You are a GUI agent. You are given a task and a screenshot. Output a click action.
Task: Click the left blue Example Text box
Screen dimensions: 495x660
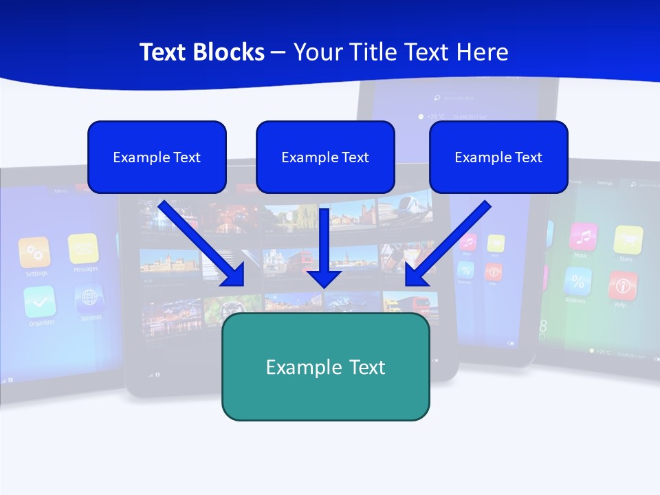point(157,157)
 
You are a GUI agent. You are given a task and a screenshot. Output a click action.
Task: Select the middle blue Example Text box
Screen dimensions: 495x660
point(325,157)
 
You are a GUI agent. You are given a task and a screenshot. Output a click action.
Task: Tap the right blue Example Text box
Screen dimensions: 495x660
point(498,157)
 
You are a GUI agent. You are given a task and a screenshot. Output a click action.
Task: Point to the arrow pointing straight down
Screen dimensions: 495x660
point(324,247)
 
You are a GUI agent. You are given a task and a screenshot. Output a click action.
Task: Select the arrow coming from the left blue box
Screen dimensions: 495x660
point(202,243)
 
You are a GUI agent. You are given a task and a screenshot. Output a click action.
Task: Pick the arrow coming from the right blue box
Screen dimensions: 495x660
point(449,243)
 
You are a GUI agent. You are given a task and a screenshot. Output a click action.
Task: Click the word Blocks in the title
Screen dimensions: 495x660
point(230,52)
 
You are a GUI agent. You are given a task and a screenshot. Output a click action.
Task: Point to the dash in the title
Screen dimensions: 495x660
point(278,52)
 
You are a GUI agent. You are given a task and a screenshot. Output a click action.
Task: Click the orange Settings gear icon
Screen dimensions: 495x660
point(34,252)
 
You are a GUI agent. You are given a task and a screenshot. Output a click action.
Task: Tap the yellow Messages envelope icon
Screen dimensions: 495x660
point(83,248)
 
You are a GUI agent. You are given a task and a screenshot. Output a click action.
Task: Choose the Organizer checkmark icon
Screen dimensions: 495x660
point(39,301)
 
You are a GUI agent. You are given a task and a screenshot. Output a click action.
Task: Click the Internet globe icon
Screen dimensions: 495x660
point(89,298)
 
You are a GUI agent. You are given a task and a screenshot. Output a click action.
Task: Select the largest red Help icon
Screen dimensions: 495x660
point(622,285)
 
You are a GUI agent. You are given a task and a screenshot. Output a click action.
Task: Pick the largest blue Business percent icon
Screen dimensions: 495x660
point(577,281)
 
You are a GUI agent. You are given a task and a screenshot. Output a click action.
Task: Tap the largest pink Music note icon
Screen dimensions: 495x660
point(583,237)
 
